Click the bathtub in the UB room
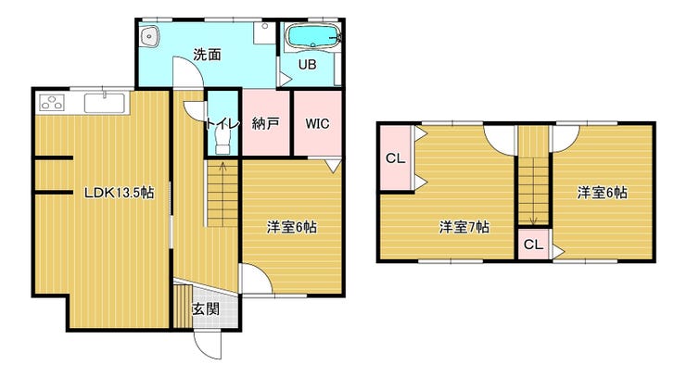coord(312,36)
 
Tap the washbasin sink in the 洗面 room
coord(149,35)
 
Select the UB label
coord(308,65)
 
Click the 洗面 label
coord(207,55)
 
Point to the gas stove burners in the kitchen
coord(52,102)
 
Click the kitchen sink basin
coord(105,104)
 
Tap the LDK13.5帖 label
coord(119,193)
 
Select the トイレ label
coord(222,124)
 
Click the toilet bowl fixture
coord(222,142)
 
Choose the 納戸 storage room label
coord(265,124)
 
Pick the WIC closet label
coord(317,124)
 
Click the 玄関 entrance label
coord(206,309)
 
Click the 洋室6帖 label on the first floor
coord(292,228)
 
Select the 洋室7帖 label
coord(464,228)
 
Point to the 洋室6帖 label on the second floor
coord(603,193)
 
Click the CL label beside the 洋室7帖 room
coord(396,158)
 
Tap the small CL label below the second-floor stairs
coord(533,245)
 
